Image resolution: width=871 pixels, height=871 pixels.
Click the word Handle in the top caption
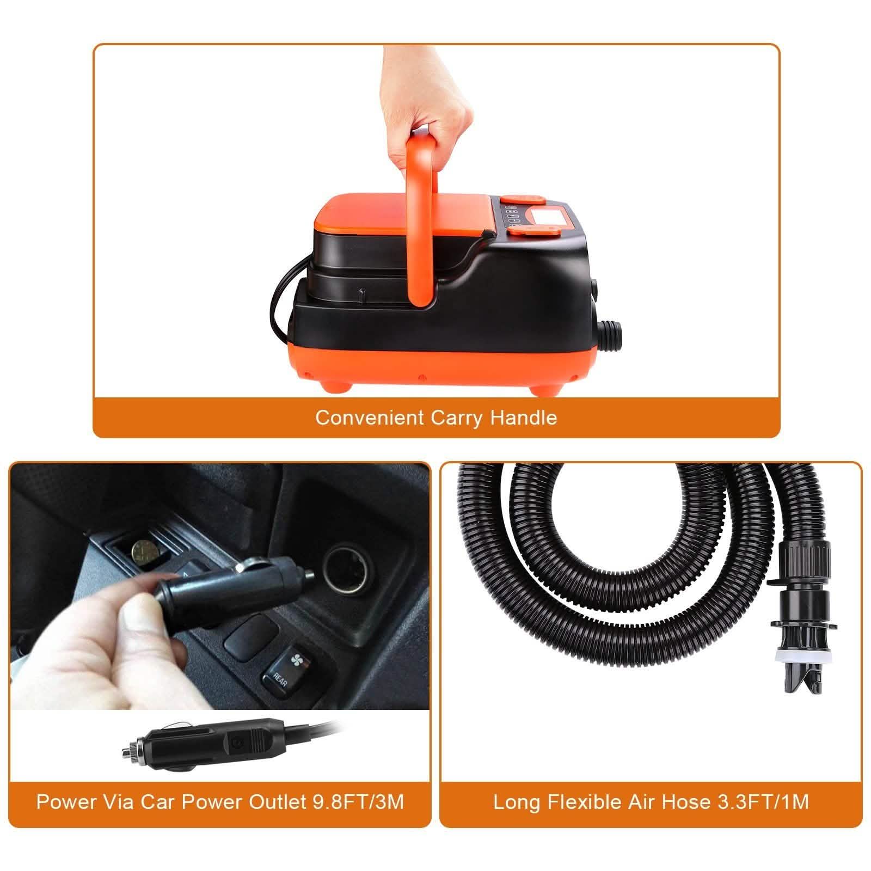click(523, 418)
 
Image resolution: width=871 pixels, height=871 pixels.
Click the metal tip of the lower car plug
click(128, 745)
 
